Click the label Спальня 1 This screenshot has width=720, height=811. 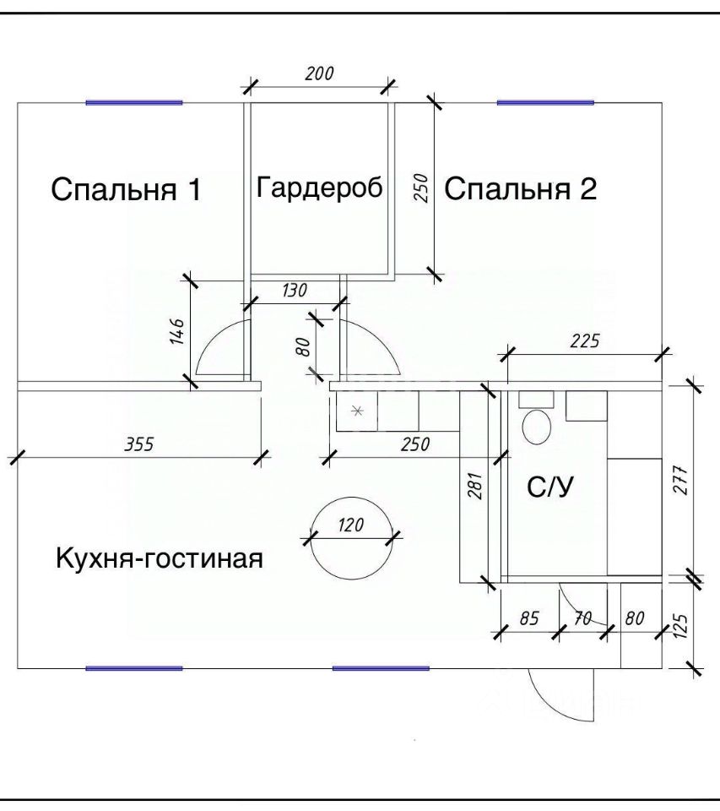126,189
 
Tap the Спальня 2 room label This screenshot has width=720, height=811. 520,189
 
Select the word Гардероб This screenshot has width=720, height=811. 320,187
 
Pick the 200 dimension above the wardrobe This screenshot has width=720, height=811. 318,73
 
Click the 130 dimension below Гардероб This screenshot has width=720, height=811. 293,290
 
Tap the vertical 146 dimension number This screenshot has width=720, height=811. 176,331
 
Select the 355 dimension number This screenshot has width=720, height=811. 139,444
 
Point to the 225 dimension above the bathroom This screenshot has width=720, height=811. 583,341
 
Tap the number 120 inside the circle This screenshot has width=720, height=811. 350,525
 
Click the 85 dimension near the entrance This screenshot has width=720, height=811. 529,618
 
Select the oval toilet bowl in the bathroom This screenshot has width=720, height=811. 537,427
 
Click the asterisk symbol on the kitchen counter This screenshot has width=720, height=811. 357,411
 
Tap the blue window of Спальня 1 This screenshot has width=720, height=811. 134,102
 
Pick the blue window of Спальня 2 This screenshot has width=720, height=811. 545,102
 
